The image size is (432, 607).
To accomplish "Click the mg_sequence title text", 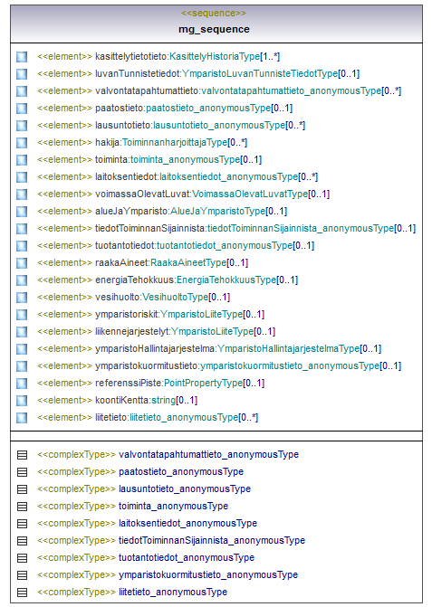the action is point(214,30).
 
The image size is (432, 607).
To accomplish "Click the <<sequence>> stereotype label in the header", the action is point(214,14).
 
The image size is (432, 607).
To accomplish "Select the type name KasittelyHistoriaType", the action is point(215,56).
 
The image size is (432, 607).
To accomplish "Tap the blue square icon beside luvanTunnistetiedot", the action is point(22,74).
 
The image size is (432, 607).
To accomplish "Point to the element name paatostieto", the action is point(120,108).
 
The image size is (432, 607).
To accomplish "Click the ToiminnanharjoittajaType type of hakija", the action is point(175,142).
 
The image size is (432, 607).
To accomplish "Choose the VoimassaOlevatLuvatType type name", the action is point(250,194).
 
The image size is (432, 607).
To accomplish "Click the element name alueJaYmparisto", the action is point(131,212).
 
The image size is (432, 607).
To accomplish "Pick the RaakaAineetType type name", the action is point(188,263).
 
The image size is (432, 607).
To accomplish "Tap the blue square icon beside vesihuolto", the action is point(22,298).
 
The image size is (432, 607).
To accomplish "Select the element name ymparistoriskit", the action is point(127,314).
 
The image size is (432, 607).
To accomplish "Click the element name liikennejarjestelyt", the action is point(132,332).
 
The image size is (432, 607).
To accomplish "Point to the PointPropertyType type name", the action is point(204,384).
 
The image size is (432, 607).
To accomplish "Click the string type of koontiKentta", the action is point(164,400).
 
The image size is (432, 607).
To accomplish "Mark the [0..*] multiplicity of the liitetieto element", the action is point(248,417).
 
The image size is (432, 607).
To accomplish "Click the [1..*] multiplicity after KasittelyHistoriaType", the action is point(270,56).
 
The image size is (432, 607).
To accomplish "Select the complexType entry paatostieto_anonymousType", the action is point(181,471).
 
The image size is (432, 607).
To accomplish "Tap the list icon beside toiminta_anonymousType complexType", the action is point(22,506).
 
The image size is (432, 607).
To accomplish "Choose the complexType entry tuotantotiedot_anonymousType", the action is point(187,557).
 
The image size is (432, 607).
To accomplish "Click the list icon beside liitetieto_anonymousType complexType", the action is point(22,592).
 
